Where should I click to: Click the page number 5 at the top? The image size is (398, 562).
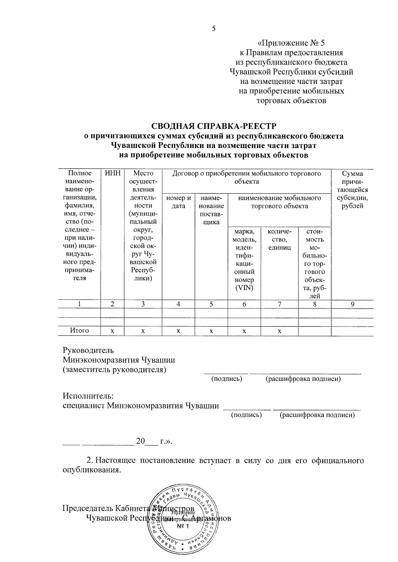(214, 28)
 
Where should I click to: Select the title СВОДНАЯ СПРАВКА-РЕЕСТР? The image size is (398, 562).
(214, 126)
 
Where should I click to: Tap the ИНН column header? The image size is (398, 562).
(112, 173)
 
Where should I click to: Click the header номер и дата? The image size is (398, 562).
(178, 202)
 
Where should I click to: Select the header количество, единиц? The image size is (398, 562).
(280, 239)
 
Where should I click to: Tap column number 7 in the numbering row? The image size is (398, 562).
(280, 304)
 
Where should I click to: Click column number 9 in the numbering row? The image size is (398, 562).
(353, 304)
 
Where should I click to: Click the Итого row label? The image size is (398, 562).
(79, 331)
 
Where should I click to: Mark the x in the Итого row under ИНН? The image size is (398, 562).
(112, 331)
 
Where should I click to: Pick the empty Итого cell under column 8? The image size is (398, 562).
(315, 331)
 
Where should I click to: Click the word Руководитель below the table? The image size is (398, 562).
(88, 350)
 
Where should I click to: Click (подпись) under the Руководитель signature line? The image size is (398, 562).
(227, 379)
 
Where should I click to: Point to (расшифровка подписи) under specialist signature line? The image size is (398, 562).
(317, 415)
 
